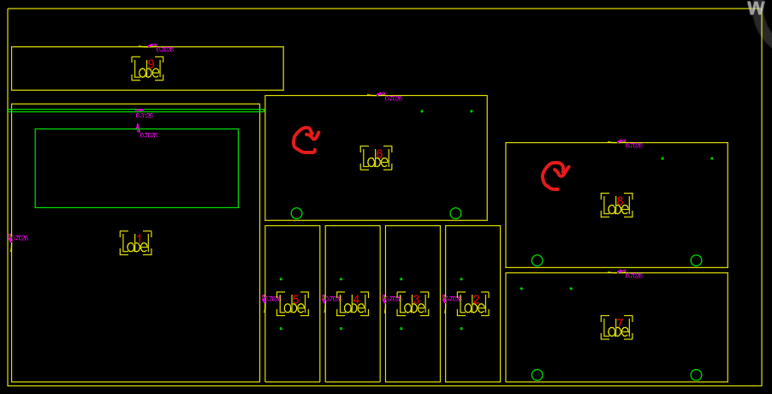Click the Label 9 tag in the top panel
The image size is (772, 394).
[x=147, y=69]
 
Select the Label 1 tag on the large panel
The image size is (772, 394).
[x=136, y=243]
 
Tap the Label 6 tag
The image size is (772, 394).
[x=377, y=158]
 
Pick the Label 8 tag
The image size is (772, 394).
[x=617, y=206]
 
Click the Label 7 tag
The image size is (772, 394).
[x=617, y=328]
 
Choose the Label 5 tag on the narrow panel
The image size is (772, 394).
[x=293, y=304]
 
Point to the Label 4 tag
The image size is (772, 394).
[x=353, y=304]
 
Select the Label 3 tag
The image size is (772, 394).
[x=413, y=304]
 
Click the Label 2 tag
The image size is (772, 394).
[x=473, y=304]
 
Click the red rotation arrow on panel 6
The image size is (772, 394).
[x=306, y=140]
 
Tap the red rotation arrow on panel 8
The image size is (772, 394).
[x=555, y=176]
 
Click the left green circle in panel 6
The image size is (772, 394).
[x=296, y=213]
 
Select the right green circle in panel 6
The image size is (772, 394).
[x=455, y=213]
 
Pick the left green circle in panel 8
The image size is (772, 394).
[x=537, y=260]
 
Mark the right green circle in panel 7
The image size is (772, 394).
[x=696, y=375]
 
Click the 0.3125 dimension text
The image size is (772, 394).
[x=144, y=114]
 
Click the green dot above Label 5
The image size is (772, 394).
[x=281, y=279]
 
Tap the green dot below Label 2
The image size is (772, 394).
[x=461, y=329]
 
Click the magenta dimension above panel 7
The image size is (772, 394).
[x=632, y=275]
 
